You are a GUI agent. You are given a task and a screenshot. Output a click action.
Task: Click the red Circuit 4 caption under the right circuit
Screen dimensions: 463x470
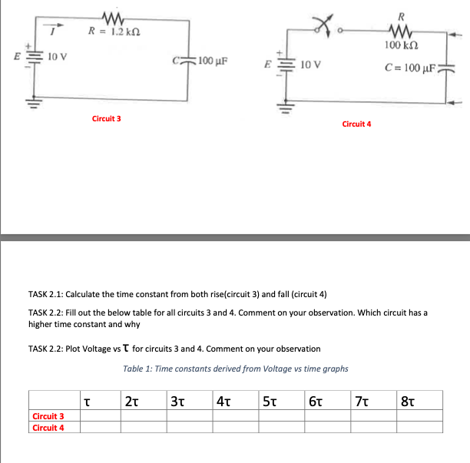coord(356,124)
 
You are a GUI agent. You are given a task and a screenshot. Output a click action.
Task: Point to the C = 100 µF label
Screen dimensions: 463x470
coord(418,69)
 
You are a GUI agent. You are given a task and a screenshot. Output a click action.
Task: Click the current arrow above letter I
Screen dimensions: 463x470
coord(55,23)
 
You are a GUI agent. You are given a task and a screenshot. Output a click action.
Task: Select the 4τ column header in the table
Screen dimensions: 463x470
coord(223,400)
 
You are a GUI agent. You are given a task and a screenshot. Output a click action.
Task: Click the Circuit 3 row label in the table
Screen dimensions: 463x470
coord(48,416)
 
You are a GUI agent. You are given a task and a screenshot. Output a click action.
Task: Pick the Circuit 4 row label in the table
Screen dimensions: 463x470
coord(48,428)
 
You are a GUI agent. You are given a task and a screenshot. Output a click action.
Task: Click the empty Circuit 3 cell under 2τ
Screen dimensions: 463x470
coord(143,416)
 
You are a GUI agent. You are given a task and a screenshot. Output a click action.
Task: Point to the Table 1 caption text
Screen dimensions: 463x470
coord(236,369)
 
